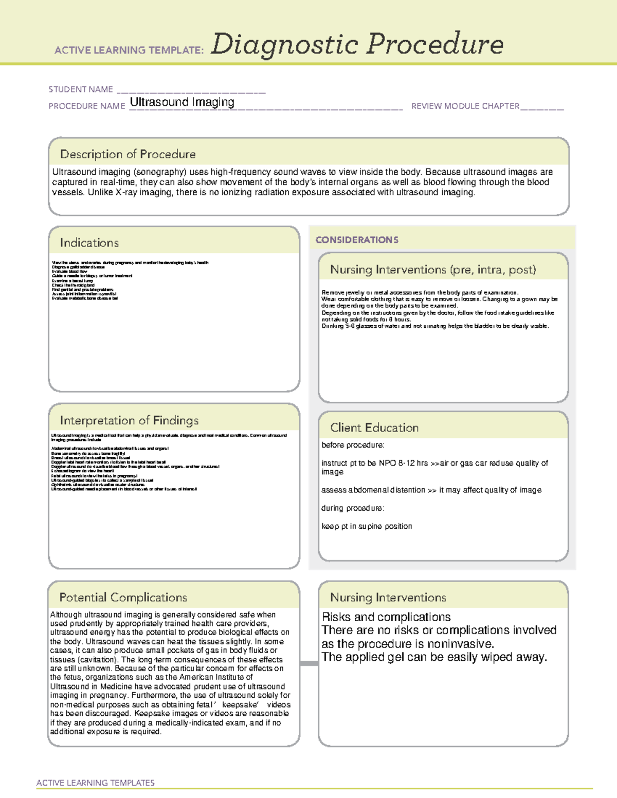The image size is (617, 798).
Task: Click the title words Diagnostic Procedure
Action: tap(357, 44)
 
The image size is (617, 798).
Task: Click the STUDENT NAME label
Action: tap(81, 89)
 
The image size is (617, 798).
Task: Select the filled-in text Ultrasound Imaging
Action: tap(182, 102)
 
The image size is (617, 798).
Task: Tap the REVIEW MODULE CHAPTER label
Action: tap(465, 106)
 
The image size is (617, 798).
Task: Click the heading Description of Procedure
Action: tap(128, 154)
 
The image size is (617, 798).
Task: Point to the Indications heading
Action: tap(89, 243)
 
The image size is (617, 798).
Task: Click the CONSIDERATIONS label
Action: tap(357, 240)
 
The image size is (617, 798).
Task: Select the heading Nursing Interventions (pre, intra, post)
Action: tap(433, 270)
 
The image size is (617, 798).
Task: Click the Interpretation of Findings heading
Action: tap(129, 420)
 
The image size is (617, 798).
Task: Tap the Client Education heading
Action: tap(374, 428)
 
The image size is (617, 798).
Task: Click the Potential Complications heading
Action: tap(123, 598)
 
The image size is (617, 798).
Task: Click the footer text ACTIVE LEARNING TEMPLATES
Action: tap(95, 783)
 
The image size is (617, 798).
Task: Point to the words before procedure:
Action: tap(353, 445)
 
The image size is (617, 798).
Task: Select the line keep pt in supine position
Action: tap(367, 526)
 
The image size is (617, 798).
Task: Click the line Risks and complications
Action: tap(386, 617)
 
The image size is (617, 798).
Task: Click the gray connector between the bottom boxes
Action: tap(309, 663)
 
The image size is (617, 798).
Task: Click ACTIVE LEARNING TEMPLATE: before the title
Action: tap(129, 50)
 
